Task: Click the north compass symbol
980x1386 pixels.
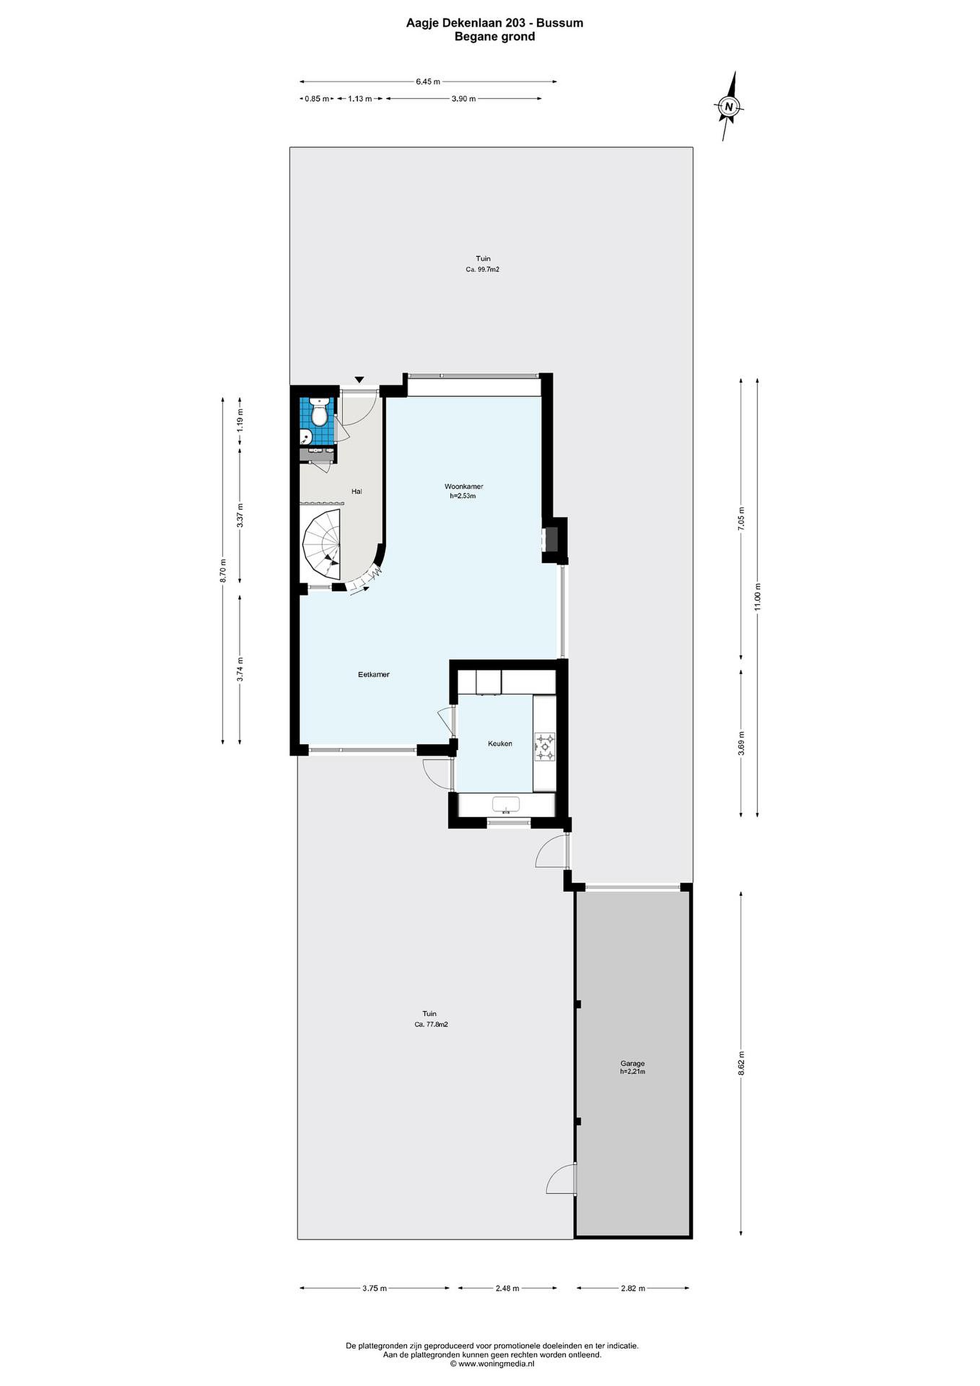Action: [729, 106]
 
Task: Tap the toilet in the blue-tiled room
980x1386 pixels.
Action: [318, 411]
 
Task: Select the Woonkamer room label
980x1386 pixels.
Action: [463, 486]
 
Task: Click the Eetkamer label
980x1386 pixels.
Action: [373, 674]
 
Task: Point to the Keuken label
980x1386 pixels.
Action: [500, 743]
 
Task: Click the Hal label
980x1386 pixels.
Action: [356, 491]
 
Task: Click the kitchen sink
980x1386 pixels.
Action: [506, 805]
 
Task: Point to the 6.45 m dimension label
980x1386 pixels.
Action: [428, 81]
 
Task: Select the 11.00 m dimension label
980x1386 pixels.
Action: [758, 597]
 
